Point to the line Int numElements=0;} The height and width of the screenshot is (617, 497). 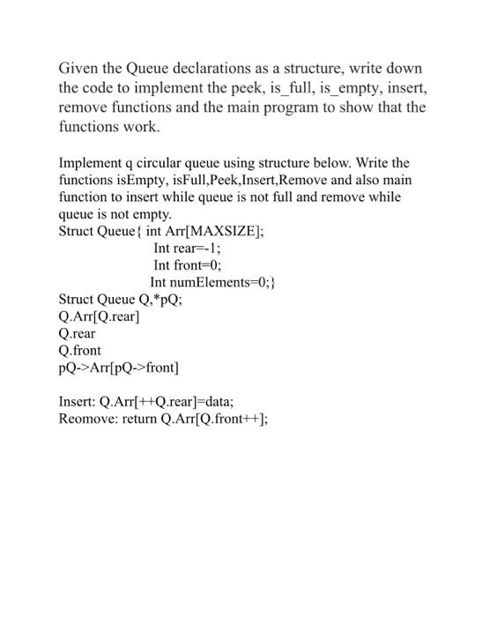(214, 282)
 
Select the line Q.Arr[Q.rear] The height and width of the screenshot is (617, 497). (99, 316)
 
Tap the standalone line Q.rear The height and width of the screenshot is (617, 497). (77, 333)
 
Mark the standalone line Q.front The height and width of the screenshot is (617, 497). (79, 350)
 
